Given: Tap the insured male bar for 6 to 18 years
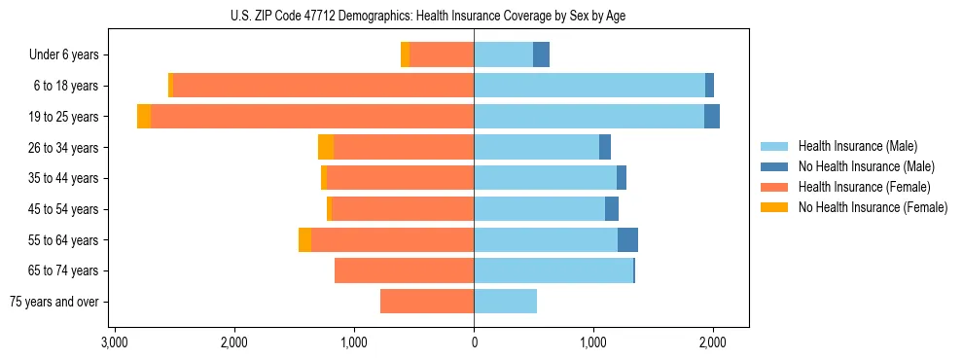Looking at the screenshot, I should (x=589, y=86).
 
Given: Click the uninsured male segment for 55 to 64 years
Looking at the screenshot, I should (x=627, y=240).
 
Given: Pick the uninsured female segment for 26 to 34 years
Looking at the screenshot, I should (x=326, y=148).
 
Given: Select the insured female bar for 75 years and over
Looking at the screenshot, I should (x=427, y=302).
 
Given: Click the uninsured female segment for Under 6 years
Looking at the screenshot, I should (x=405, y=55).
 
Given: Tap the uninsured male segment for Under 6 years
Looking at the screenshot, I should (x=541, y=55).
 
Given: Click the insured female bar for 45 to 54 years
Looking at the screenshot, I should (x=403, y=209).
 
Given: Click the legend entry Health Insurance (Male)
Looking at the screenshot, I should (x=857, y=146).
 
